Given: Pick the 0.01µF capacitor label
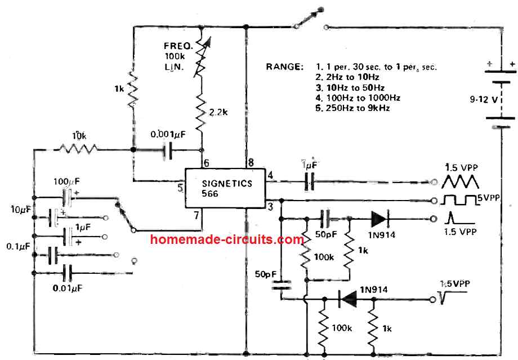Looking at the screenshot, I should pyautogui.click(x=67, y=288).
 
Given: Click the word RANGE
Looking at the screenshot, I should pyautogui.click(x=285, y=67).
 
